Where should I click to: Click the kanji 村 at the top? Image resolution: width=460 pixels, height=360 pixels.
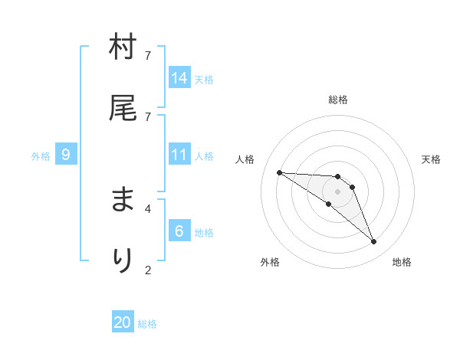point(123,48)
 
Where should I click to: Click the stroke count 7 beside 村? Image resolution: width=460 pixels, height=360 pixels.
point(147,56)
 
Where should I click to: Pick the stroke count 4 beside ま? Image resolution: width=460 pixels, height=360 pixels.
point(147,208)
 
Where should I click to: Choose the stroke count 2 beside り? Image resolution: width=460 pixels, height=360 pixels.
point(147,269)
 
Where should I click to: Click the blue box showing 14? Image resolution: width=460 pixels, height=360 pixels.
point(179,78)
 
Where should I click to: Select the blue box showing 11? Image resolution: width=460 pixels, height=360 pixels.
point(179,155)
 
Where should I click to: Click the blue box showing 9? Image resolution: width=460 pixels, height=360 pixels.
point(66,155)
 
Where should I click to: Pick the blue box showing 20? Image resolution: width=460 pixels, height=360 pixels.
point(123,322)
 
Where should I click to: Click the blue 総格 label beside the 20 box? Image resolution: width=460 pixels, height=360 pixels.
point(147,324)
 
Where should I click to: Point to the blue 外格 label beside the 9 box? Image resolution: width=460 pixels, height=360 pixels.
point(41,156)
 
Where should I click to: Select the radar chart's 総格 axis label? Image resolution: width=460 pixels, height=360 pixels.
point(338,100)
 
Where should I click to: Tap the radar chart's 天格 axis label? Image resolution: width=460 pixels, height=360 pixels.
point(431,159)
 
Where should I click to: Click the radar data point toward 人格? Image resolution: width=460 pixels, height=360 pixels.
point(279,172)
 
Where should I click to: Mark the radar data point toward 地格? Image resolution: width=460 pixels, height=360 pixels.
point(373,242)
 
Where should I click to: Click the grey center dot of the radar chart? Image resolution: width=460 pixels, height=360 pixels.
point(337,191)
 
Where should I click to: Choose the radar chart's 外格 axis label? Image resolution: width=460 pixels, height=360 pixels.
point(270,262)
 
